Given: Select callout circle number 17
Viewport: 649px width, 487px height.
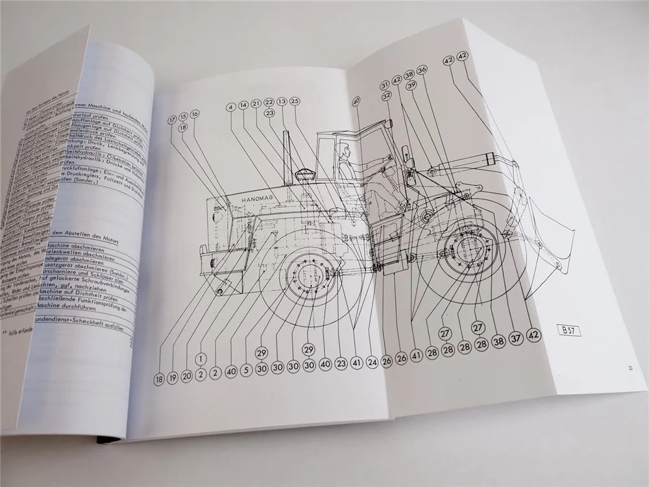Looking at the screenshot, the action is pos(173,119).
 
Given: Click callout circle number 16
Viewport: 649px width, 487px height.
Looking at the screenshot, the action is pos(195,114).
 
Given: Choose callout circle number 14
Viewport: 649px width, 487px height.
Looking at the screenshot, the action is pos(243,105).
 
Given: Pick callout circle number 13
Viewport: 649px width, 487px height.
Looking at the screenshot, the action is pos(282,101).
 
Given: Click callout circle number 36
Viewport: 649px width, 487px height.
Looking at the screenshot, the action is pos(422,70).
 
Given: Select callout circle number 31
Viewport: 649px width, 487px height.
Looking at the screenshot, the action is pos(385,84).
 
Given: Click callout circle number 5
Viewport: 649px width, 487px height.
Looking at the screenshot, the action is pos(247,371).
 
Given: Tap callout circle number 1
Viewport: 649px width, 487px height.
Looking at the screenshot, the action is pos(202,358).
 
